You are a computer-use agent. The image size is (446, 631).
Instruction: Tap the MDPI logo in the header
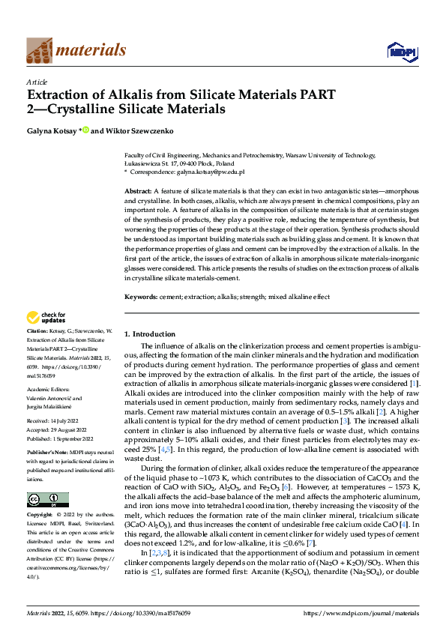coord(401,50)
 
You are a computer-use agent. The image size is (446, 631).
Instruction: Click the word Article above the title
coord(37,82)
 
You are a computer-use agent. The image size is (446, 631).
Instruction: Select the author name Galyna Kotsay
coord(52,130)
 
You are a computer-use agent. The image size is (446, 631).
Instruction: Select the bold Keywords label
coord(140,297)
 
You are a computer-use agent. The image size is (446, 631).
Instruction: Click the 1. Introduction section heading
coord(149,333)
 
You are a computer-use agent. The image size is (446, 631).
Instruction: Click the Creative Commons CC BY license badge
coord(47,500)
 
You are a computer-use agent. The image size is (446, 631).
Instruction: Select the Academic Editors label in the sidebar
coord(47,389)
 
